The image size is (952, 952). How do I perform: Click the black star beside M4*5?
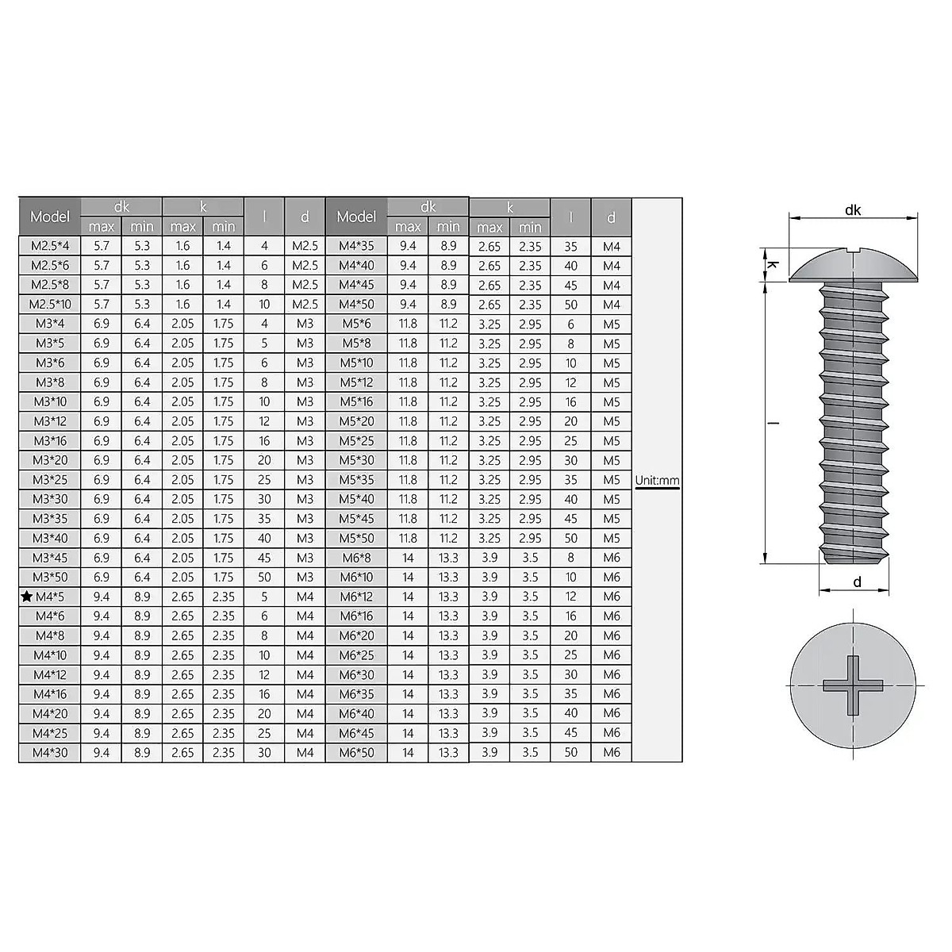27,597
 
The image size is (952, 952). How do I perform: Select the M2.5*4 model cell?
50,246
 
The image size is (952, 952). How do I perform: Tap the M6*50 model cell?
356,752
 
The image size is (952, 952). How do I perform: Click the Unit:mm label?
657,480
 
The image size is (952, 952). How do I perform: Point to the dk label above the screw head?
853,210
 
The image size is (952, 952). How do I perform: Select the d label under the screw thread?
857,582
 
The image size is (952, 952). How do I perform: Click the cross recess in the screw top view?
853,685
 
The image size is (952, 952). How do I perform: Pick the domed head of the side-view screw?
853,265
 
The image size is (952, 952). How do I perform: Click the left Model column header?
50,217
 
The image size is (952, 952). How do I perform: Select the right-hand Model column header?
356,217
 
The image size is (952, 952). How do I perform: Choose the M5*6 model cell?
356,324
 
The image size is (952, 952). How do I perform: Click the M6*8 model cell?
356,558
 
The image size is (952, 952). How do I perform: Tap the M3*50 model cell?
50,577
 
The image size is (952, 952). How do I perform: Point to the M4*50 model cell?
356,305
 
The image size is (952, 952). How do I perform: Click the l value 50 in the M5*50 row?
570,538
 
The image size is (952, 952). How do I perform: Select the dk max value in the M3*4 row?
102,324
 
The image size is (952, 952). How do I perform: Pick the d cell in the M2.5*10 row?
305,305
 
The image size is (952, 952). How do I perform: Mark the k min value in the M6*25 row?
530,655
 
